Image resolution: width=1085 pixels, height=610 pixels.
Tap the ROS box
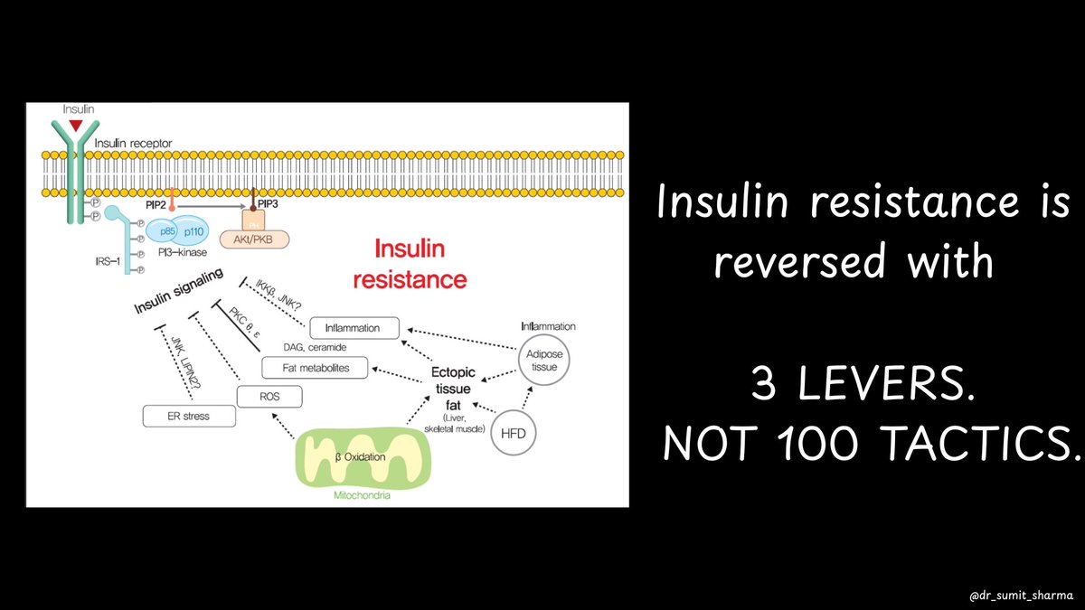click(269, 396)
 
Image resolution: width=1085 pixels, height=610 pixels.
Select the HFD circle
click(512, 434)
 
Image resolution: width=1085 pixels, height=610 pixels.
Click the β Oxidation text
click(360, 457)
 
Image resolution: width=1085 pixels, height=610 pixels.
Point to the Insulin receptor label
click(132, 143)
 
